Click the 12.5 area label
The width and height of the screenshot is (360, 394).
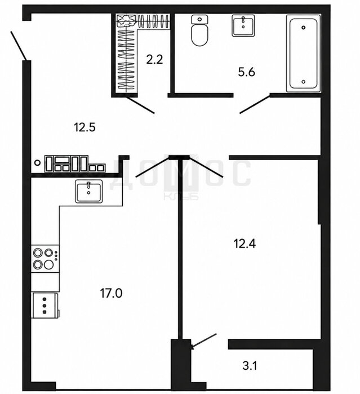click(85, 127)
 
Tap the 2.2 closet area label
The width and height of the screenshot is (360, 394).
click(154, 60)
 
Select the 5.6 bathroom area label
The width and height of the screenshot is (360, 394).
click(246, 72)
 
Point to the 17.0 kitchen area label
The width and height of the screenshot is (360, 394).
click(111, 293)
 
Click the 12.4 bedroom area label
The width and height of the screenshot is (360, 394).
click(245, 244)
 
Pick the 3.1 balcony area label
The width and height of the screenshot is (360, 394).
click(250, 366)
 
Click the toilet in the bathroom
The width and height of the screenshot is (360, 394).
click(200, 30)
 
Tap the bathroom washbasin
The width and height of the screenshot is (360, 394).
click(243, 25)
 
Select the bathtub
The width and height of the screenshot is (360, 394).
click(304, 54)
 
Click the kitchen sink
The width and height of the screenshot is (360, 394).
click(88, 191)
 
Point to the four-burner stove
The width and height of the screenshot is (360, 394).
click(45, 258)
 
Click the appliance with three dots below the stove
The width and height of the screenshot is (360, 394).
click(45, 306)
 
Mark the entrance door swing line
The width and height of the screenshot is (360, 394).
click(19, 46)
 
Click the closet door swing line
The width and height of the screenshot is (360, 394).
click(140, 105)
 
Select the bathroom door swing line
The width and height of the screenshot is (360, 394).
click(255, 104)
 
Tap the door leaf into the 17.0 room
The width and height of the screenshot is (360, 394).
click(152, 167)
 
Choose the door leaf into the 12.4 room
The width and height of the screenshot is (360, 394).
click(206, 167)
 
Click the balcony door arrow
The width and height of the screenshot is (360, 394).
click(204, 341)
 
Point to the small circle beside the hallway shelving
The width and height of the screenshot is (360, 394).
click(37, 162)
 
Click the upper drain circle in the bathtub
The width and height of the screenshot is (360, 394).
click(304, 28)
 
